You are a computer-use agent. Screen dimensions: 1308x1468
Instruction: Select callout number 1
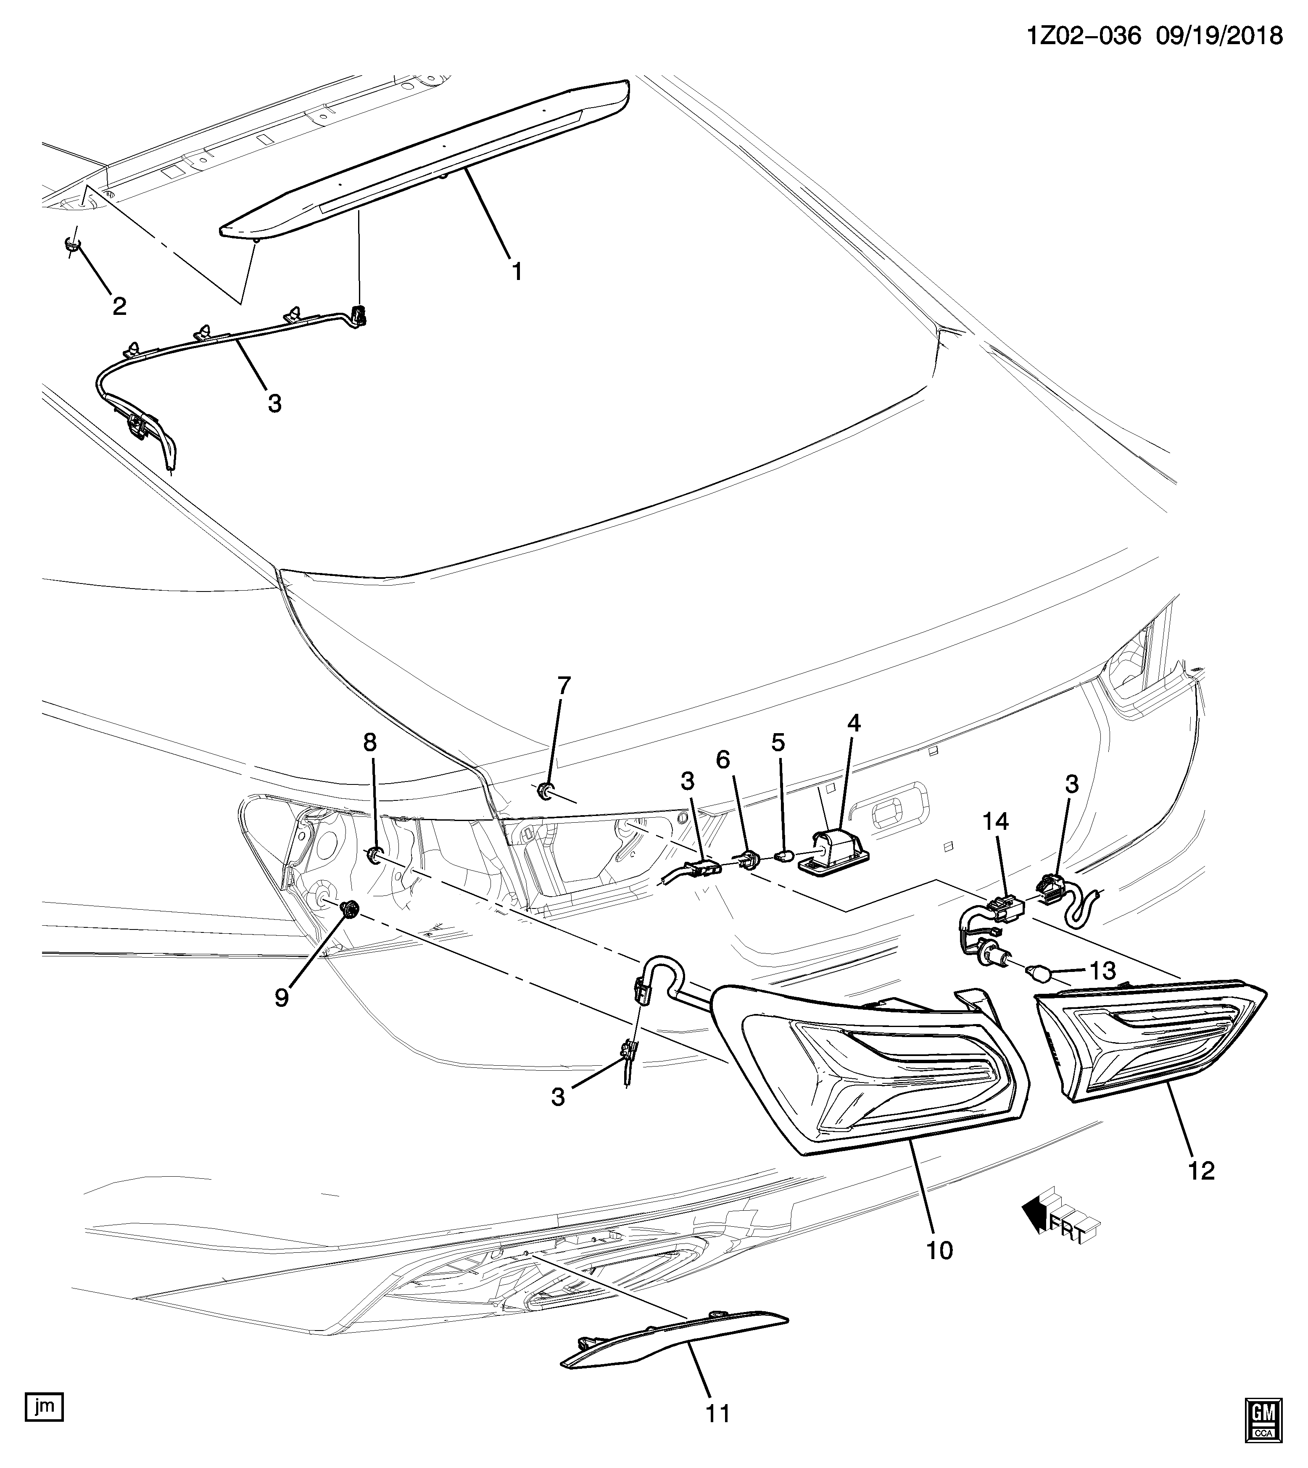[x=516, y=271]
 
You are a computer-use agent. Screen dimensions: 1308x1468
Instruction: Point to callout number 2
[x=119, y=306]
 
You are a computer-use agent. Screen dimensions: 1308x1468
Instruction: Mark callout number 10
[x=939, y=1250]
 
